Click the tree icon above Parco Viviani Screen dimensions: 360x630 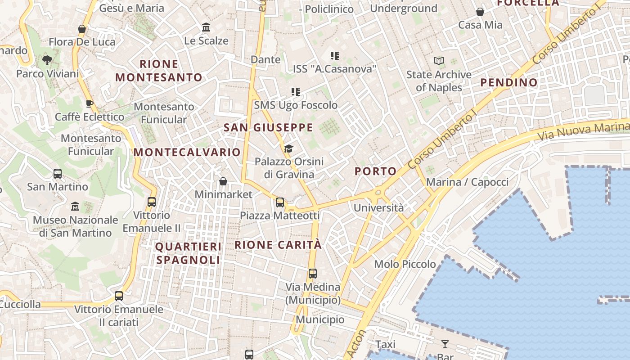click(47, 60)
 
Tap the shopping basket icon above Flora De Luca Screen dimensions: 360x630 click(82, 29)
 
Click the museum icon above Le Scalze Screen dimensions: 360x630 click(206, 27)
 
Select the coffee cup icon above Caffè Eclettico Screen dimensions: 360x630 click(90, 103)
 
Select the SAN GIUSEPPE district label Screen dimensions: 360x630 click(268, 127)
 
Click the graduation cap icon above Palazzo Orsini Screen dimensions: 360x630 click(288, 148)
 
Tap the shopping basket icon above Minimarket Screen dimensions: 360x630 click(223, 181)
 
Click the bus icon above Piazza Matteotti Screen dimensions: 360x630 click(280, 202)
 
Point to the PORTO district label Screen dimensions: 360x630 click(375, 171)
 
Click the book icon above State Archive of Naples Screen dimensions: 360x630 click(438, 61)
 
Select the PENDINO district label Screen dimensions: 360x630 click(509, 82)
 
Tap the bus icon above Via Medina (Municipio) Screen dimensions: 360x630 click(313, 273)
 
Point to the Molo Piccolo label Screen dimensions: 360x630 click(405, 264)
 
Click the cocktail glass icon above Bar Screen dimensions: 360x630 click(445, 344)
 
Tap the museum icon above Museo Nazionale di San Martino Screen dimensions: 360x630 click(75, 207)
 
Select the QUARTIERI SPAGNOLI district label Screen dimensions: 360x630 click(188, 253)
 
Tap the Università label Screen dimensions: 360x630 click(378, 208)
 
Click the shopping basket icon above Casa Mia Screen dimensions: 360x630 click(480, 12)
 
